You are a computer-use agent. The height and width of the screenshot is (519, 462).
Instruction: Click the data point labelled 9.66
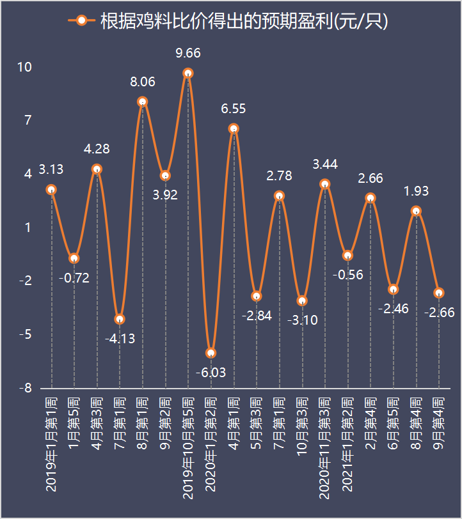point(188,74)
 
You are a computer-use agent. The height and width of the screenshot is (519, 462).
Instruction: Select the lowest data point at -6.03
point(211,353)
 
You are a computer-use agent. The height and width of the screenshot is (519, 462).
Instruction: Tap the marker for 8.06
point(143,102)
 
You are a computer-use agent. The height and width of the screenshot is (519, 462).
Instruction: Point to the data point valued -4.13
point(120,320)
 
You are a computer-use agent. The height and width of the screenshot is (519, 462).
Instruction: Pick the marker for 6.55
point(234,129)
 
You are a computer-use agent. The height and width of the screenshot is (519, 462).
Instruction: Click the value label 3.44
point(325,165)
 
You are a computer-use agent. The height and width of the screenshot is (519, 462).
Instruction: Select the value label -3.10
point(302,320)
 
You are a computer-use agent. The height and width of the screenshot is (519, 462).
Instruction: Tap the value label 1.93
point(416,191)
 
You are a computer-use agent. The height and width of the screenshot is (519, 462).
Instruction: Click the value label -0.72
point(74,277)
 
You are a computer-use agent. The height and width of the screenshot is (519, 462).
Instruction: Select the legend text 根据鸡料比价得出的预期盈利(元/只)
point(244,21)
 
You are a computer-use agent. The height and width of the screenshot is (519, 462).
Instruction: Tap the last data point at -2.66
point(439,293)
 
